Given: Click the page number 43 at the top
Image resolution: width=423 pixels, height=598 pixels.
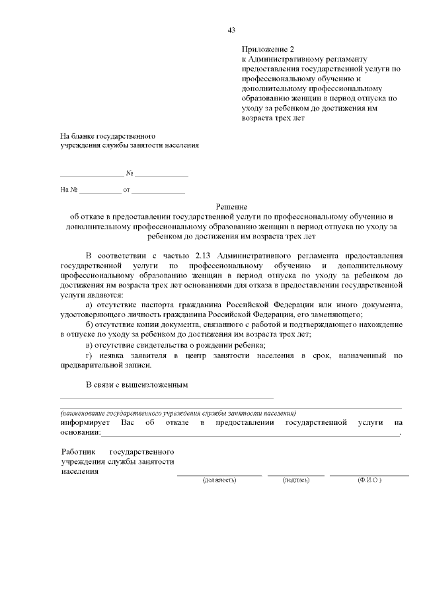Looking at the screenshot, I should point(231,30).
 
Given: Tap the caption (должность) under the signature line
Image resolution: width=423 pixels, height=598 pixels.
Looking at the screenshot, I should point(219,479).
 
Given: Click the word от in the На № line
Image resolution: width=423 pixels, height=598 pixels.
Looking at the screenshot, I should point(126,190).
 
